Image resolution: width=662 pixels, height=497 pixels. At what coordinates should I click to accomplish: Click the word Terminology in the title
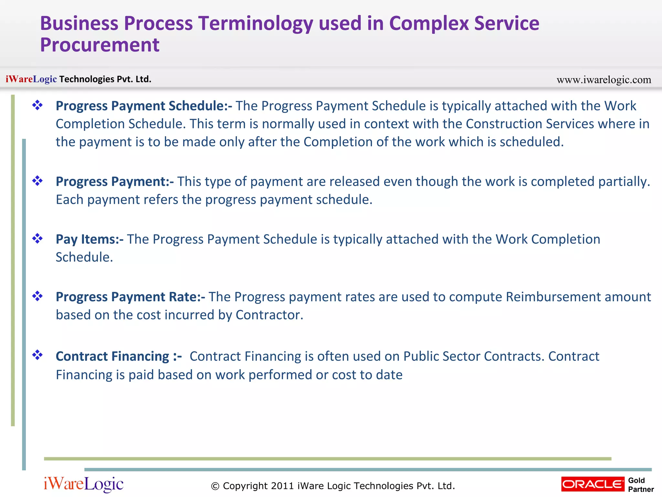pos(255,24)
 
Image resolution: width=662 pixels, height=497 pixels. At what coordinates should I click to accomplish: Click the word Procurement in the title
pos(100,45)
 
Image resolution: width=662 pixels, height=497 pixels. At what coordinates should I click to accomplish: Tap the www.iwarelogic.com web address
pos(603,80)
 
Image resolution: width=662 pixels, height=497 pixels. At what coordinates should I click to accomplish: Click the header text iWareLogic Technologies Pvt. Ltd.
pos(78,79)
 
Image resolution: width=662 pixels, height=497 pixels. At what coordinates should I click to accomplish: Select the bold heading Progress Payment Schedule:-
pos(144,106)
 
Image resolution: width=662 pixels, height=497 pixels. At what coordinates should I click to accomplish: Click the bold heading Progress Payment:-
pos(114,182)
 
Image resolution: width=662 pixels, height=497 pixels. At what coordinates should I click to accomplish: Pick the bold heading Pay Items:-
pos(89,239)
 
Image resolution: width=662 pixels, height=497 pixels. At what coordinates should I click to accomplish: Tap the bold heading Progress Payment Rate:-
pos(130,297)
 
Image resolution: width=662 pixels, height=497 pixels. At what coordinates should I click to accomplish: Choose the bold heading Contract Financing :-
pos(118,357)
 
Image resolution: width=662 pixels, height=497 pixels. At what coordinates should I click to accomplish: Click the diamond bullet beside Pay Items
pos(37,239)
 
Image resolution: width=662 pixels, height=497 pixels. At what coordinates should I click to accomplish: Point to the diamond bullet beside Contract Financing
pos(37,355)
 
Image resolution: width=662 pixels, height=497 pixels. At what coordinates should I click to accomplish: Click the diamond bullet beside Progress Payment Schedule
pos(37,105)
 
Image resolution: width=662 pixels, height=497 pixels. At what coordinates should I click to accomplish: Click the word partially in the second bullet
pos(624,182)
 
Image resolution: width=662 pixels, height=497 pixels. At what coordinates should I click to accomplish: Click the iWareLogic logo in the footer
pos(83,484)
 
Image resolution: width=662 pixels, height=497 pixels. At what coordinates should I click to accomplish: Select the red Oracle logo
pos(593,484)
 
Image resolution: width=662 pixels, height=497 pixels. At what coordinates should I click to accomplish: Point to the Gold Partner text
pos(640,485)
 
